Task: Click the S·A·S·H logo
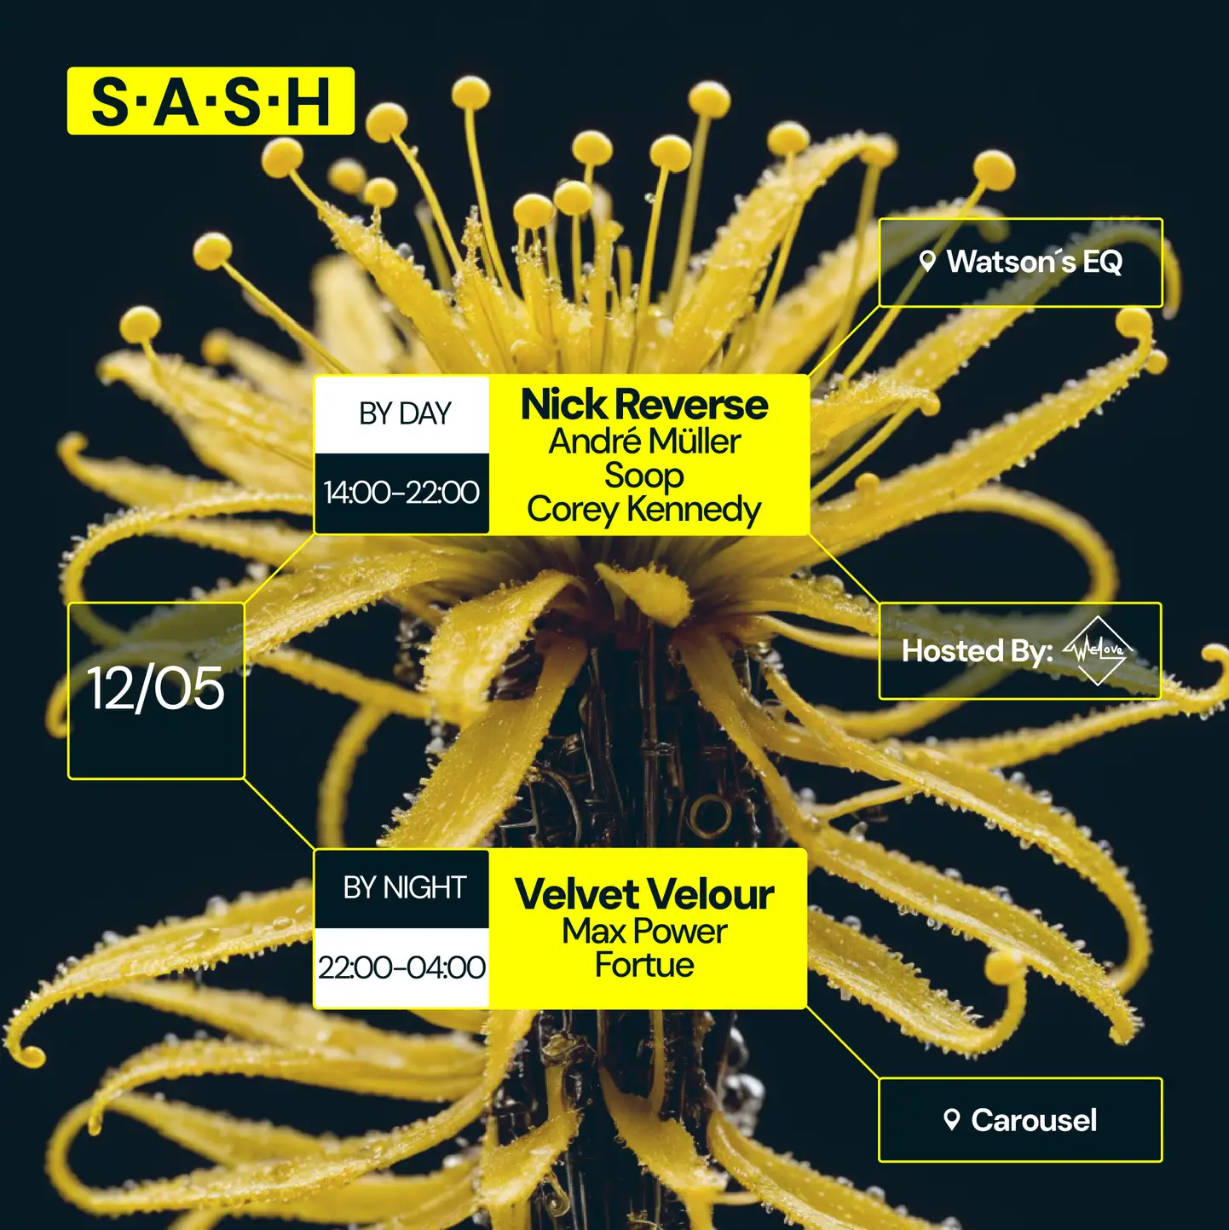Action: [x=211, y=101]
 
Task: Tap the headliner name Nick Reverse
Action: [x=644, y=405]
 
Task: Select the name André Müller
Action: [x=644, y=442]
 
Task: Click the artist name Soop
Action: [x=644, y=476]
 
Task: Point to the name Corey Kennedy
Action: [x=644, y=510]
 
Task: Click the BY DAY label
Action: [x=405, y=414]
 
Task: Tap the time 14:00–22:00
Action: [x=401, y=493]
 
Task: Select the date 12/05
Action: [x=156, y=689]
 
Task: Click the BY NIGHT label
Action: [x=405, y=888]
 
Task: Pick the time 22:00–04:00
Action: [x=401, y=967]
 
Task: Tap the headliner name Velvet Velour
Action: [x=644, y=895]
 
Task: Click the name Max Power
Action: [x=644, y=932]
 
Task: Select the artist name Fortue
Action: [x=644, y=966]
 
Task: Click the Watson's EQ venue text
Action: [x=1034, y=262]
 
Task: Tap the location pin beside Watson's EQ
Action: [x=928, y=261]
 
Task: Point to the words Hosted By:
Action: [x=977, y=651]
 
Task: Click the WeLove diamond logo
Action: [x=1099, y=651]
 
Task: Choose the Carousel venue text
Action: [x=1034, y=1120]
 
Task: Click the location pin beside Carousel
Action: [x=952, y=1119]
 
